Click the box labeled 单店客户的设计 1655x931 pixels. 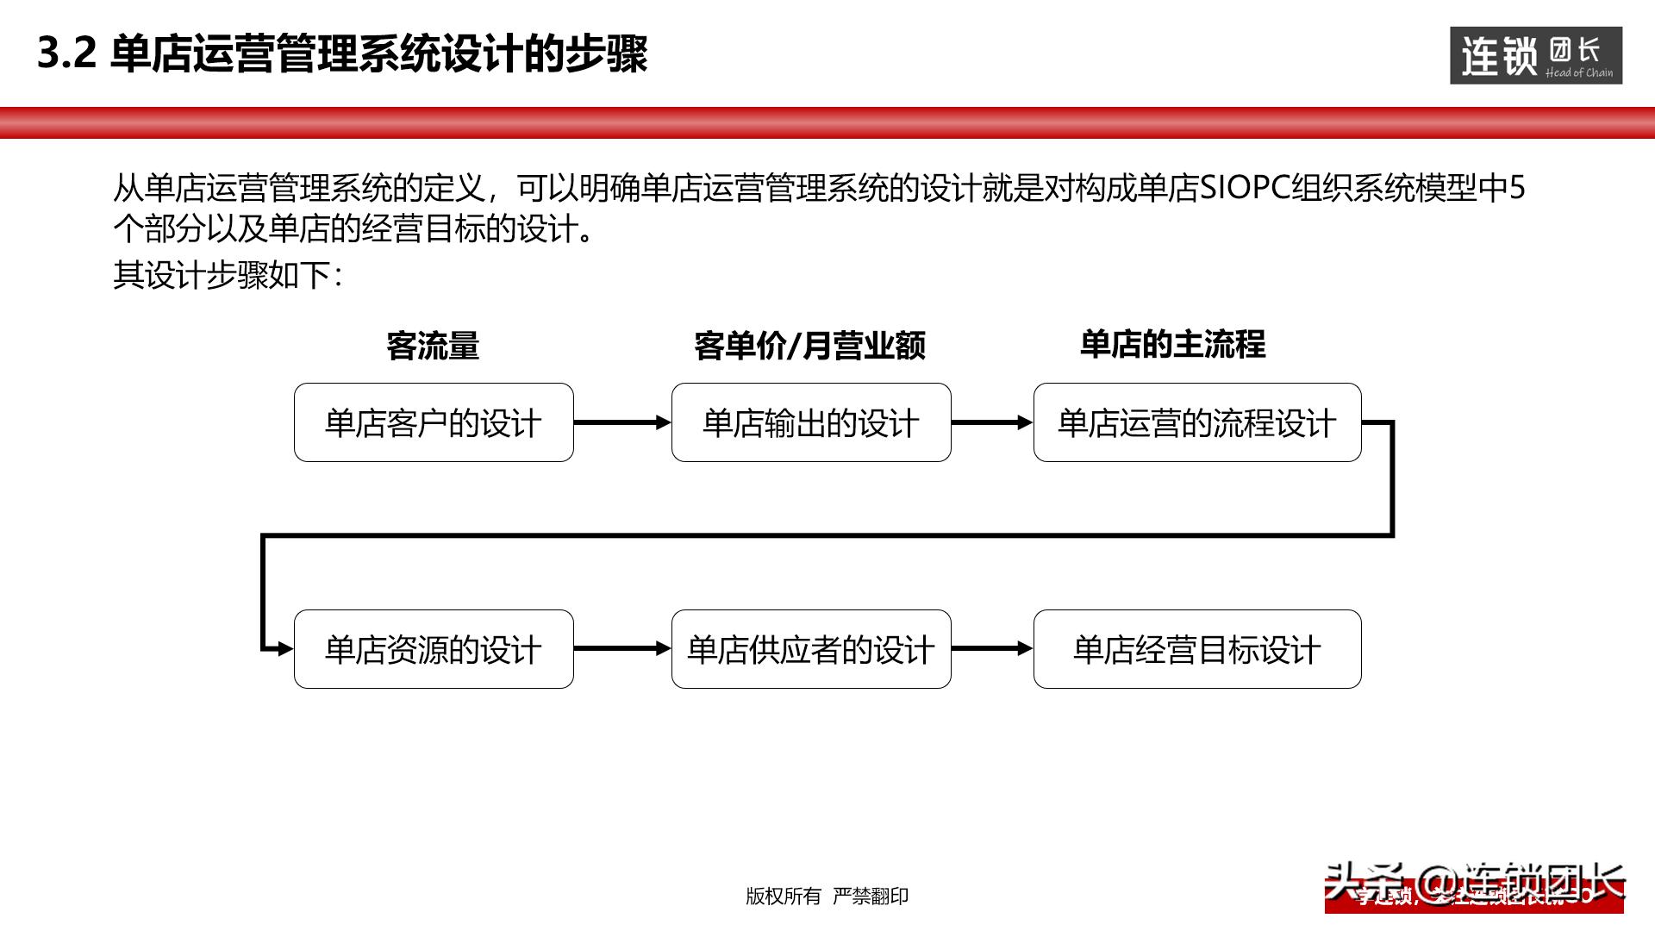pyautogui.click(x=434, y=422)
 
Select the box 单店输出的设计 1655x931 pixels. pyautogui.click(x=811, y=422)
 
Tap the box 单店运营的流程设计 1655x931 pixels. pyautogui.click(x=1197, y=422)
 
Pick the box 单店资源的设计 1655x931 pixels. pyautogui.click(x=434, y=649)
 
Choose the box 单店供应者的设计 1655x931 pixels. pyautogui.click(x=811, y=649)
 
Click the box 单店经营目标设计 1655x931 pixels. pyautogui.click(x=1197, y=649)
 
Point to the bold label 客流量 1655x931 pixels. pyautogui.click(x=433, y=346)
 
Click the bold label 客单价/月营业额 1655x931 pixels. pyautogui.click(x=809, y=346)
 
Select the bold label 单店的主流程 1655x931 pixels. pyautogui.click(x=1172, y=344)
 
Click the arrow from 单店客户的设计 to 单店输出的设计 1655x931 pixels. pyautogui.click(x=621, y=422)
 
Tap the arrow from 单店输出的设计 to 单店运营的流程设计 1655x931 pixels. pyautogui.click(x=991, y=422)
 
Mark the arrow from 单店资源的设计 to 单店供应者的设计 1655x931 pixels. pyautogui.click(x=621, y=649)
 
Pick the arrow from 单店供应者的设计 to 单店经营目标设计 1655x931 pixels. pyautogui.click(x=991, y=649)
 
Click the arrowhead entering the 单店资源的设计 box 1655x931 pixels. pyautogui.click(x=284, y=649)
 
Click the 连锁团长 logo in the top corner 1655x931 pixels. pyautogui.click(x=1536, y=56)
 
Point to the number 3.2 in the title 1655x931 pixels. pyautogui.click(x=66, y=53)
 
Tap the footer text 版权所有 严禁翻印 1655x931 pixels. pyautogui.click(x=827, y=897)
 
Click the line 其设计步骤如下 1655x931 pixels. pyautogui.click(x=228, y=276)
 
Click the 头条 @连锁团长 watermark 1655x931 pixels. pyautogui.click(x=1474, y=884)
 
